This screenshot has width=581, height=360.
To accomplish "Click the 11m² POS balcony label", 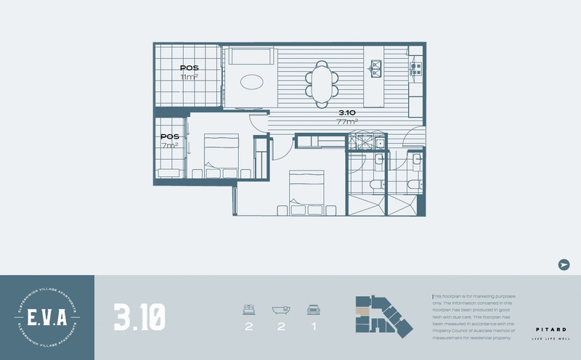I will (190, 73).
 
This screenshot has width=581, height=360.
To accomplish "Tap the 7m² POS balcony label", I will (170, 141).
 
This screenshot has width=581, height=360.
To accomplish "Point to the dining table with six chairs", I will (321, 80).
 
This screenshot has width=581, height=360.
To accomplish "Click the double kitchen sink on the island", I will (377, 69).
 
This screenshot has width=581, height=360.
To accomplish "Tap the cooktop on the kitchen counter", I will (416, 68).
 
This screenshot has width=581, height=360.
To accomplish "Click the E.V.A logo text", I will (47, 317).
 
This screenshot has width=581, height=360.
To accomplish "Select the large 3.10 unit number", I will (139, 317).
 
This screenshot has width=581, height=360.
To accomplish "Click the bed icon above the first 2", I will (249, 309).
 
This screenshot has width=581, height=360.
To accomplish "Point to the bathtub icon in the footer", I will (281, 309).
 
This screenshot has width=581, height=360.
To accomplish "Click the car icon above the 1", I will (313, 309).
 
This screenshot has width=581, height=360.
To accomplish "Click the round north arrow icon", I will (564, 265).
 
